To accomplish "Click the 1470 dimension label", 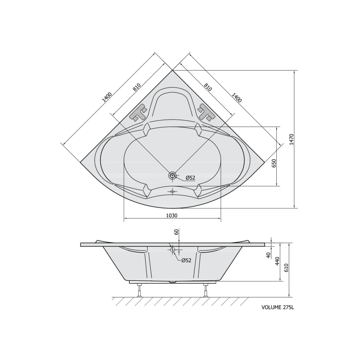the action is (292, 139).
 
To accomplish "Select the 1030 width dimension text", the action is (172, 216).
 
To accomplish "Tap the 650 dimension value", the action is (274, 163).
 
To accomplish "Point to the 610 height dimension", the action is (286, 267).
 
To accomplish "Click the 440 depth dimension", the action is (277, 261).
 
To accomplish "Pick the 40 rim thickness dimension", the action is (268, 254).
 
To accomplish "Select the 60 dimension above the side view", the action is (176, 232).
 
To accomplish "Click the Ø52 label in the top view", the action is (190, 177).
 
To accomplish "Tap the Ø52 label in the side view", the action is (186, 261).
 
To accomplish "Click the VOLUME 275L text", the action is (278, 307).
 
